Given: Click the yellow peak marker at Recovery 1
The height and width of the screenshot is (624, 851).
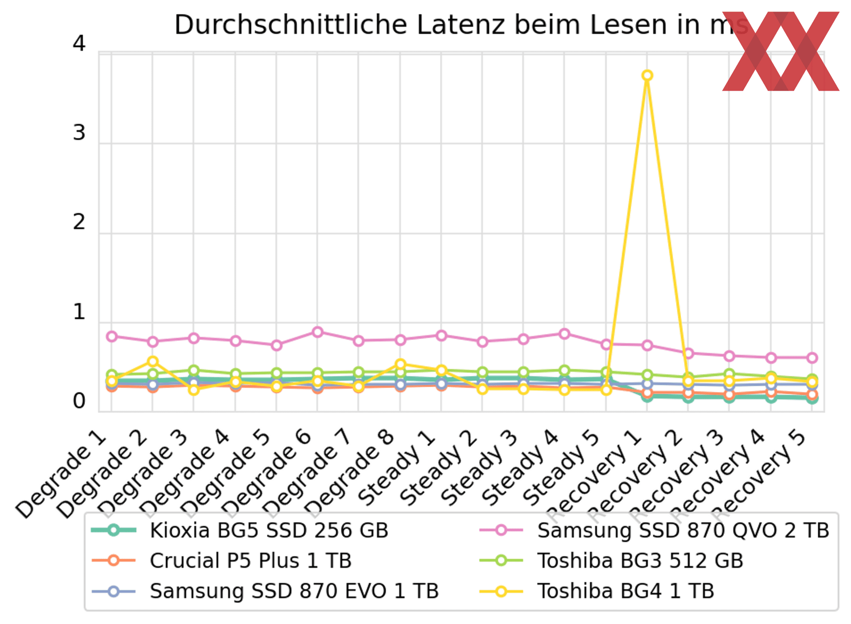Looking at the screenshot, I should click(647, 75).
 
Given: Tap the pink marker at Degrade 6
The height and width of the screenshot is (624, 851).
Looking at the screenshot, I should click(317, 332).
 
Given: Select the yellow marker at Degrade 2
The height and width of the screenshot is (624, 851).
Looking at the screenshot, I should click(152, 361).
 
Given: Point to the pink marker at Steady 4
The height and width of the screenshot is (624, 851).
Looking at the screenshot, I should click(564, 334).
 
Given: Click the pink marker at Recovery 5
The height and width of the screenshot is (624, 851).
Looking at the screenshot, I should click(812, 357).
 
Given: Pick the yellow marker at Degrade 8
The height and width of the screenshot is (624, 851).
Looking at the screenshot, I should click(400, 364).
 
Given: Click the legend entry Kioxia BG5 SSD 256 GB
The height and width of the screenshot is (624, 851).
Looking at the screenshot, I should click(269, 530).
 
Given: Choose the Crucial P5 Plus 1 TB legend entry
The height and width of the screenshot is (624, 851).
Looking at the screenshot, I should click(250, 561).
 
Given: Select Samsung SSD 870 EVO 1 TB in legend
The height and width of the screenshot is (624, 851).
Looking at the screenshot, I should click(294, 591).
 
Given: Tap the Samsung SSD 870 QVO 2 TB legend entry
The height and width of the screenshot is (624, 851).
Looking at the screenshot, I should click(683, 530).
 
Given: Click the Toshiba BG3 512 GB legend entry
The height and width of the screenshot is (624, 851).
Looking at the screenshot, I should click(640, 561).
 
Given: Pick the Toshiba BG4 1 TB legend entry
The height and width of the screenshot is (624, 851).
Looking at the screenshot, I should click(625, 591).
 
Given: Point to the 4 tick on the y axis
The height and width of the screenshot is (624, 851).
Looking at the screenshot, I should click(79, 43).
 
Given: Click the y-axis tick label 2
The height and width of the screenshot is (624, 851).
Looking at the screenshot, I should click(79, 222).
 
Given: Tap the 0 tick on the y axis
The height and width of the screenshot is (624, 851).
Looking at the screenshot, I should click(79, 401).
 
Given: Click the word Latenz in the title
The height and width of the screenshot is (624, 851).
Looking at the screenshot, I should click(461, 25).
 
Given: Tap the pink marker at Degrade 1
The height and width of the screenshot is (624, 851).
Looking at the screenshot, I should click(112, 337).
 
